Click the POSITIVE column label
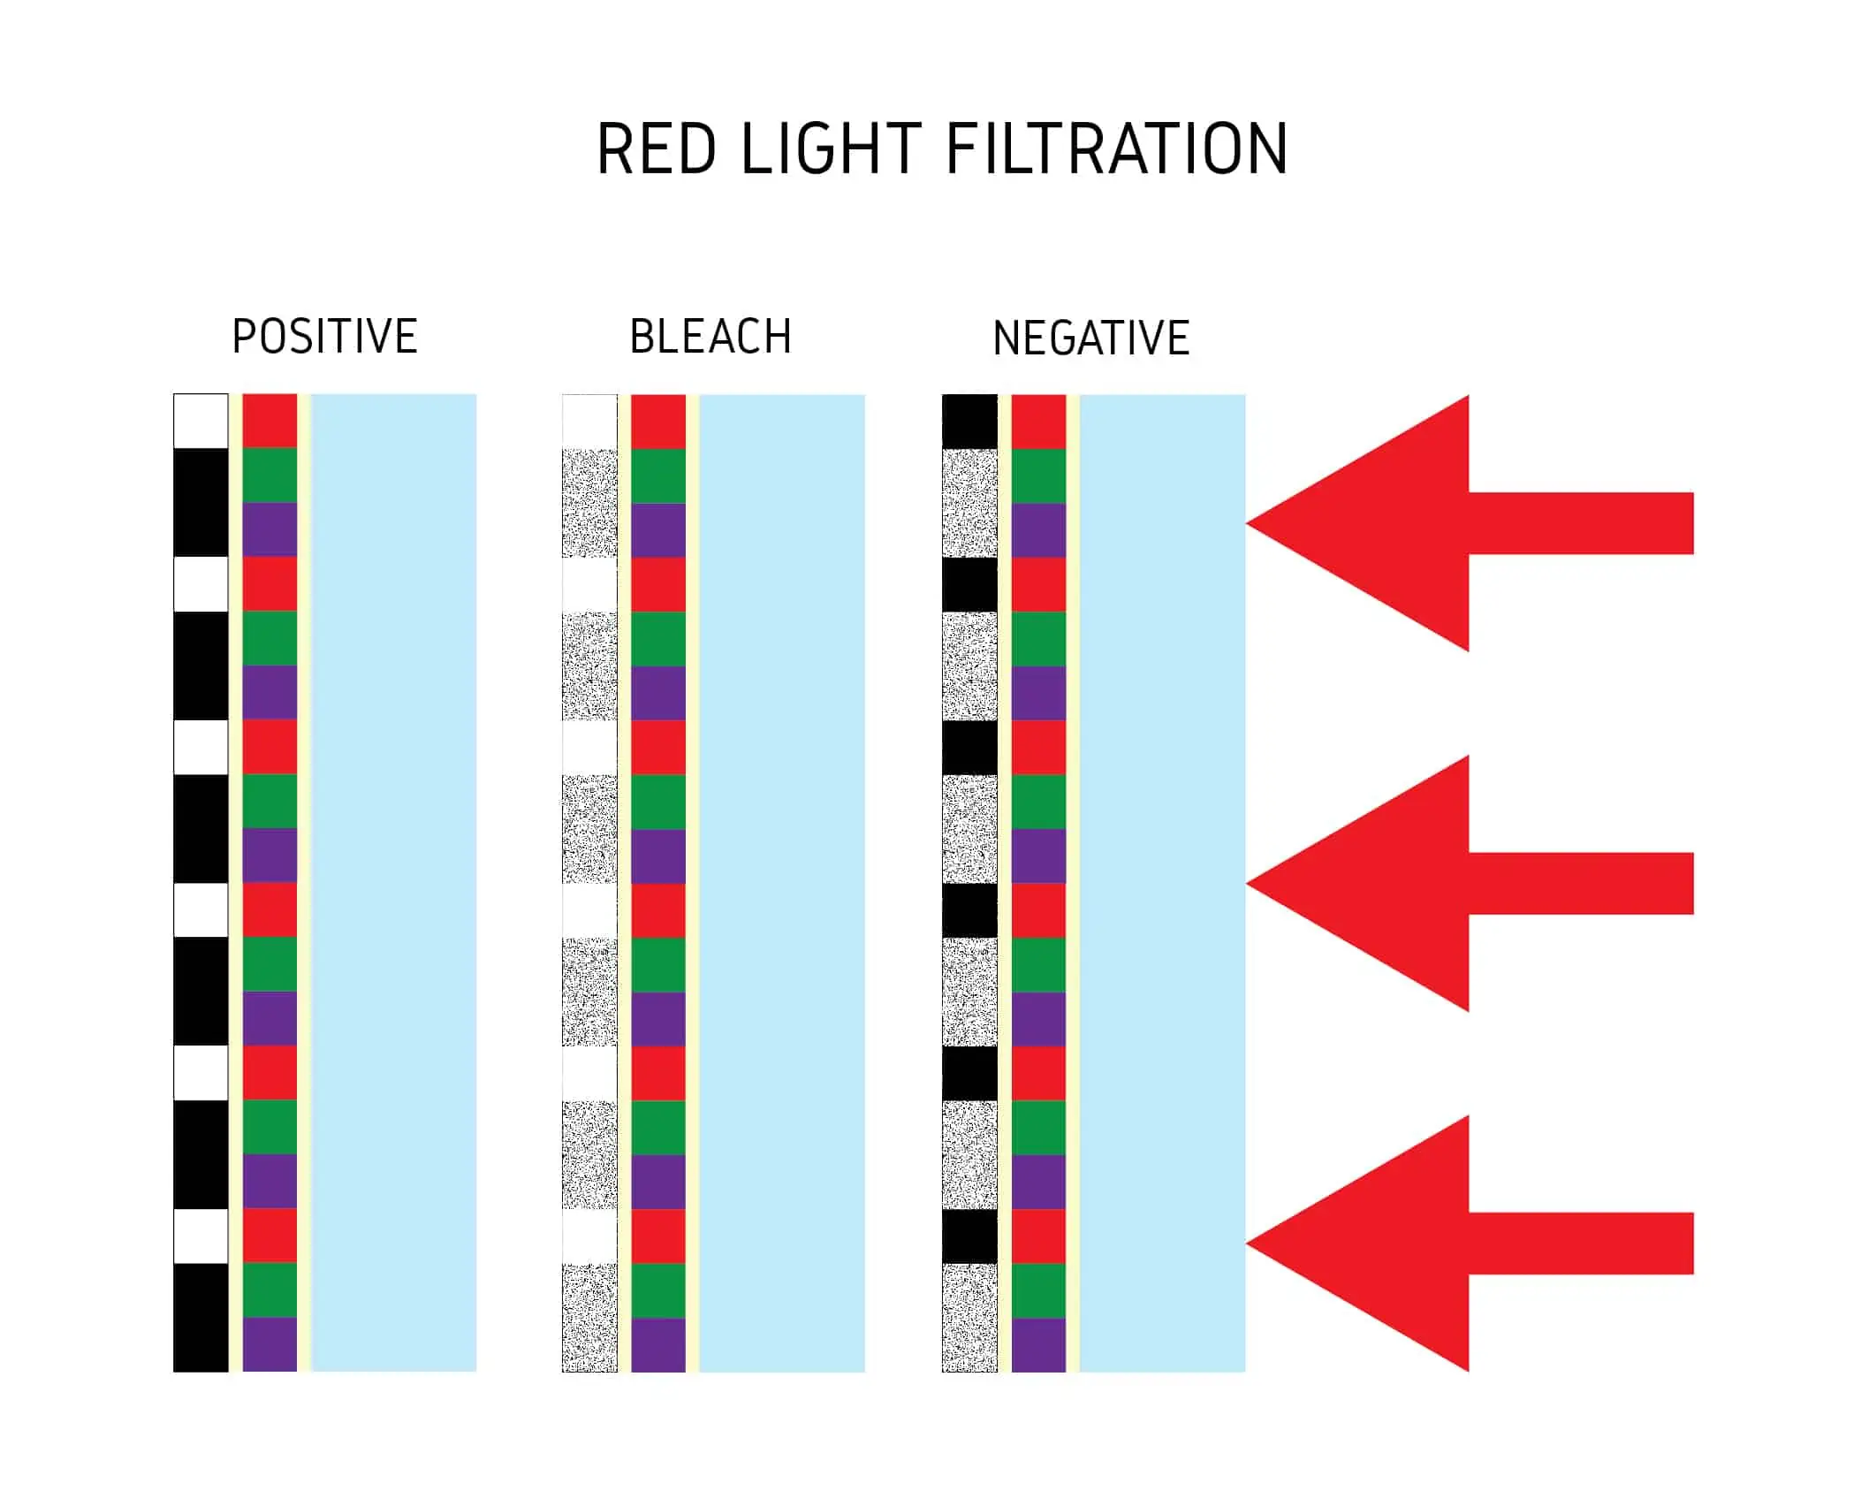click(x=324, y=337)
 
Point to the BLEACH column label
click(x=710, y=337)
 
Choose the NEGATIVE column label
click(x=1091, y=338)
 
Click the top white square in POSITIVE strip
click(x=201, y=422)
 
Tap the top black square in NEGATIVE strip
click(x=969, y=422)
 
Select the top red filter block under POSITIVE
click(x=270, y=422)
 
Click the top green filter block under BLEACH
click(x=658, y=475)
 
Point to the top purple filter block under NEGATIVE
click(x=1038, y=530)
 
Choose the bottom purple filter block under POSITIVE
click(x=270, y=1344)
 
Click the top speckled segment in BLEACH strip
click(x=589, y=503)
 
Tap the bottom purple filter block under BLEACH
click(x=658, y=1344)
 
